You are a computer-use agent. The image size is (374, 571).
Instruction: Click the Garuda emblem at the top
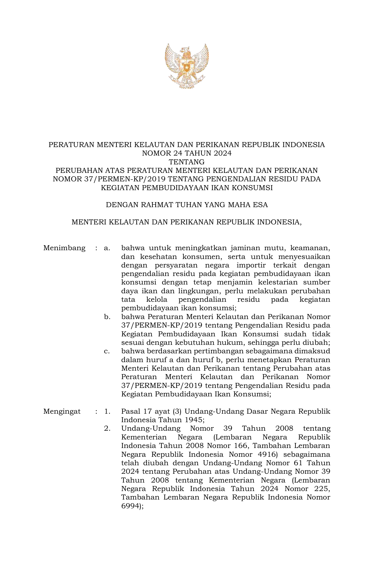(187, 66)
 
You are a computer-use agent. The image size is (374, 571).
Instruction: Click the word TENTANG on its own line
(187, 162)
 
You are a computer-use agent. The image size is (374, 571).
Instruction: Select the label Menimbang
(64, 248)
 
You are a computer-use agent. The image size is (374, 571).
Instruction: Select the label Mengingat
(62, 411)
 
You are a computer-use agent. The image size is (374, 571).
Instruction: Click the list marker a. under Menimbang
(107, 248)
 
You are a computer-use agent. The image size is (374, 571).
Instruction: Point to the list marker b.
(107, 317)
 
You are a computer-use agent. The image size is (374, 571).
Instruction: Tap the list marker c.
(107, 351)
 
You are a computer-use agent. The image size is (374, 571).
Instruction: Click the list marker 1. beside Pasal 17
(107, 411)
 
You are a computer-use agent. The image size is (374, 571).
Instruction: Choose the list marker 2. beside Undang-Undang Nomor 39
(107, 429)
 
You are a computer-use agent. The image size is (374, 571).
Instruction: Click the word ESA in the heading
(261, 205)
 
